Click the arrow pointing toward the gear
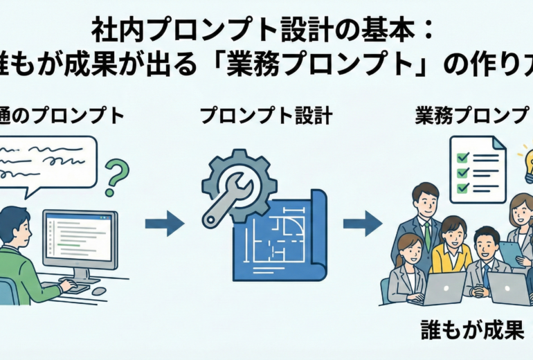[165, 224]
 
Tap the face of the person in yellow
[453, 233]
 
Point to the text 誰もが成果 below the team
[473, 330]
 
